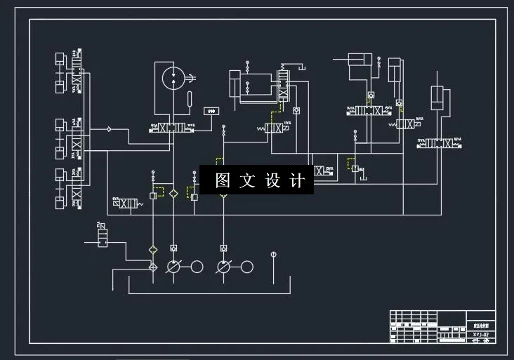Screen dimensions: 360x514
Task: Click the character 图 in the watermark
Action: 223,180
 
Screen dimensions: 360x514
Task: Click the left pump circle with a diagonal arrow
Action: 173,267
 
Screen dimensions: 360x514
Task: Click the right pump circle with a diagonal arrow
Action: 223,267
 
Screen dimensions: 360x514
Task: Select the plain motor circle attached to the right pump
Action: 246,267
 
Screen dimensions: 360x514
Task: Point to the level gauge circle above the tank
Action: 273,254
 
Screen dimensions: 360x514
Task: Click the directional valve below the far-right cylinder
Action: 439,143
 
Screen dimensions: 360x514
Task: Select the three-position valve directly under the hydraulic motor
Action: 172,128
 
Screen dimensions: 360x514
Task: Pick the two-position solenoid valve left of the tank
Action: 103,234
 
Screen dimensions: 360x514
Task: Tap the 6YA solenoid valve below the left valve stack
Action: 126,203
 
